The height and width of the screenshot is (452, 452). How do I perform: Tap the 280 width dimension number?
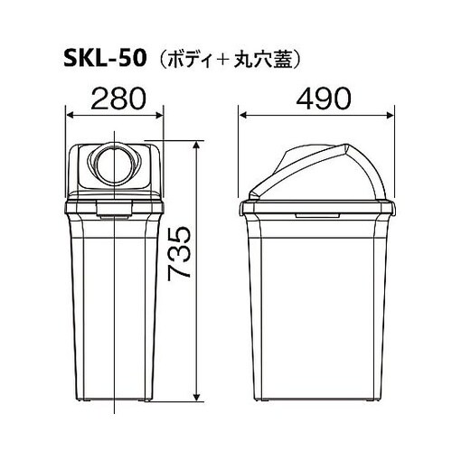point(115,99)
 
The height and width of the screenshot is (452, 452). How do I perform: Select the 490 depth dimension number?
point(316,99)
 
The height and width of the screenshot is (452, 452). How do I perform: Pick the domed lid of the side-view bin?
point(316,172)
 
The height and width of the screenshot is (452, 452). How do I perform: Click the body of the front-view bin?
point(115,298)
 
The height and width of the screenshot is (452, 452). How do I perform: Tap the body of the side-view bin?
point(316,298)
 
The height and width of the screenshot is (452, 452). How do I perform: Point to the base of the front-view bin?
point(115,392)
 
